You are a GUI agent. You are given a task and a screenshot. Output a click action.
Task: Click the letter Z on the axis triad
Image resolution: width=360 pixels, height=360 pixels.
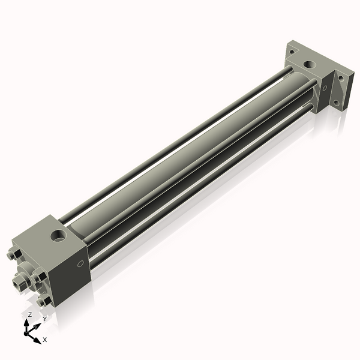point(29,315)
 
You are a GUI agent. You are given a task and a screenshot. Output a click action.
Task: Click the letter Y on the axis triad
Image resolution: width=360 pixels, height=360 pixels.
point(45,319)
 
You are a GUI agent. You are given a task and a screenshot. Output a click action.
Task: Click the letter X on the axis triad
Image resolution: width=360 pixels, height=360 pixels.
point(45,340)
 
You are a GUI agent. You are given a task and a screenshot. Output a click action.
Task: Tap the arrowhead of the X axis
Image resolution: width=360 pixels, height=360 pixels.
point(37,340)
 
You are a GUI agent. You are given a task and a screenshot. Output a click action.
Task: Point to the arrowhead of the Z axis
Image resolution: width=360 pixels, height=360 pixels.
point(26,323)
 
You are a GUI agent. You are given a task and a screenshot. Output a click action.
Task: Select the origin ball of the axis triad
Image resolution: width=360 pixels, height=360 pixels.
point(26,333)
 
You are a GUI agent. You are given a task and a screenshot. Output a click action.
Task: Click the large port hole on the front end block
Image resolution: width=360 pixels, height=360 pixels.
point(58,236)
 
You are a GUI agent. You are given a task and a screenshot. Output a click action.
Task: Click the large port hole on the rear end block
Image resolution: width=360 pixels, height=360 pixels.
point(309,65)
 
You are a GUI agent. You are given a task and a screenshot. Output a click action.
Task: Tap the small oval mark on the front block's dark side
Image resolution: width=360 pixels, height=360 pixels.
point(80,264)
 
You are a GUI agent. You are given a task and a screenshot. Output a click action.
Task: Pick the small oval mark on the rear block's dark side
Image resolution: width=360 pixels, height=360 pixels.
point(325,88)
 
